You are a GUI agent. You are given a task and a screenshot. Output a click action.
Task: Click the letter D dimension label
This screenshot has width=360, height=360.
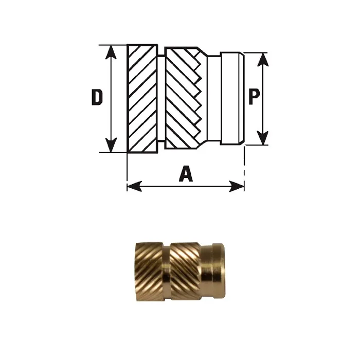click(x=97, y=97)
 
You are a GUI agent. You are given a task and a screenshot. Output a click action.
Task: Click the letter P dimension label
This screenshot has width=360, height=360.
click(x=254, y=97)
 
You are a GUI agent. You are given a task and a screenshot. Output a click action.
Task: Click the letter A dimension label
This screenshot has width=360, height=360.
click(x=186, y=173)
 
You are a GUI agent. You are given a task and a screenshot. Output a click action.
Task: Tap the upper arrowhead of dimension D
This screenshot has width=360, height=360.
click(x=111, y=52)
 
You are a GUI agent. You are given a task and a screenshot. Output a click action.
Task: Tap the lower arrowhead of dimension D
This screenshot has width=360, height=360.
click(x=111, y=145)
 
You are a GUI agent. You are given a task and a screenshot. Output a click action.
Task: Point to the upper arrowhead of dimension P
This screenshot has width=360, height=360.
click(x=263, y=60)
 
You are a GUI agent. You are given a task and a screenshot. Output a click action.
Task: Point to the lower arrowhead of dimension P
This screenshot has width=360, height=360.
click(x=263, y=138)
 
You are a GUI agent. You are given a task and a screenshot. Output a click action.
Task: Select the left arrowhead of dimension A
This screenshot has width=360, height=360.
click(x=134, y=186)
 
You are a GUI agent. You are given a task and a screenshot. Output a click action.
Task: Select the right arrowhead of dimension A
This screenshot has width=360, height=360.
click(x=237, y=186)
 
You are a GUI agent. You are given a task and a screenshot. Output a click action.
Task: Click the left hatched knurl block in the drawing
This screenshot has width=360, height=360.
click(x=142, y=99)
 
